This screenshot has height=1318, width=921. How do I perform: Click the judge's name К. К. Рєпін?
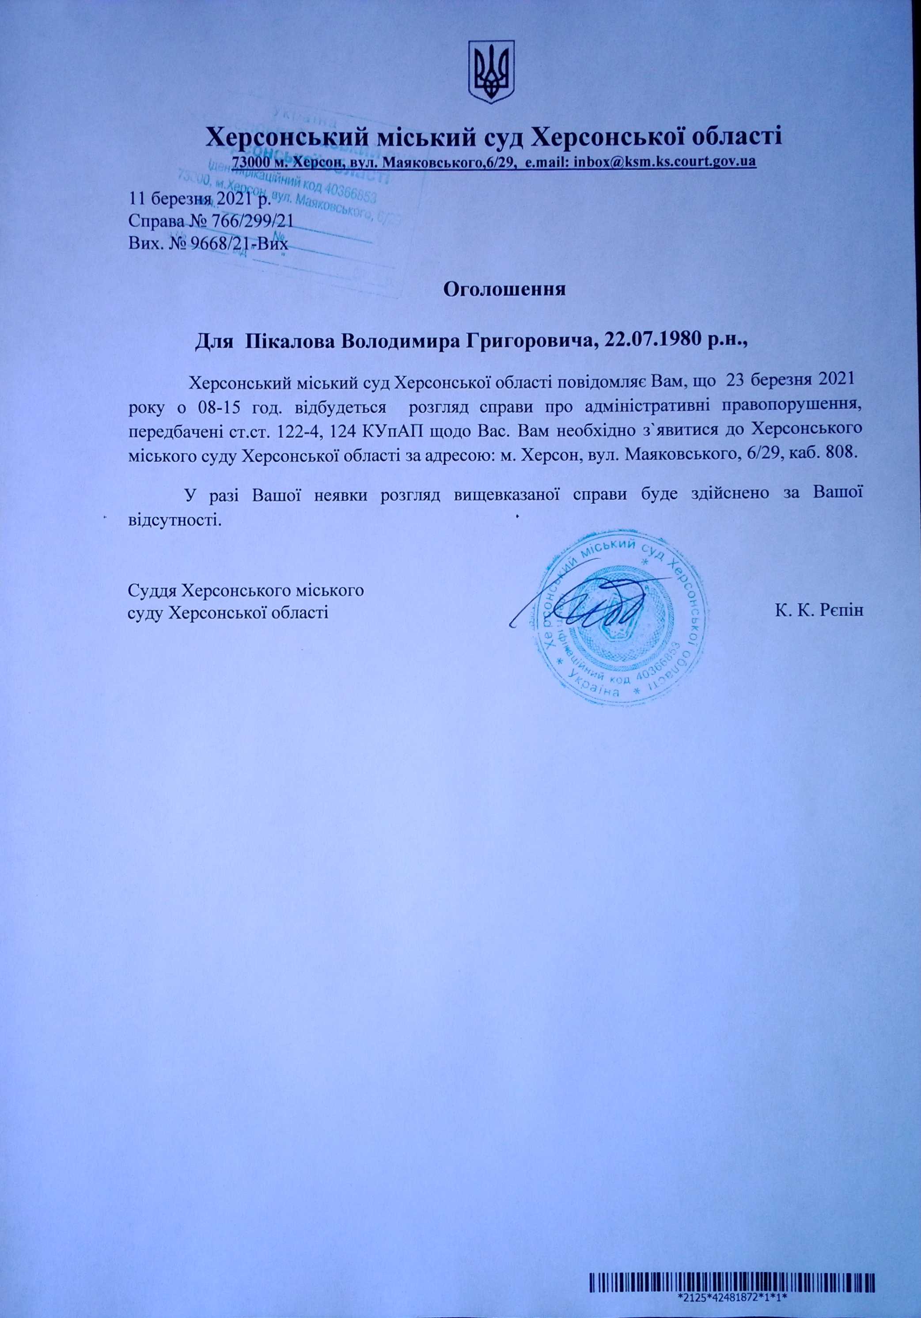point(819,610)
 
